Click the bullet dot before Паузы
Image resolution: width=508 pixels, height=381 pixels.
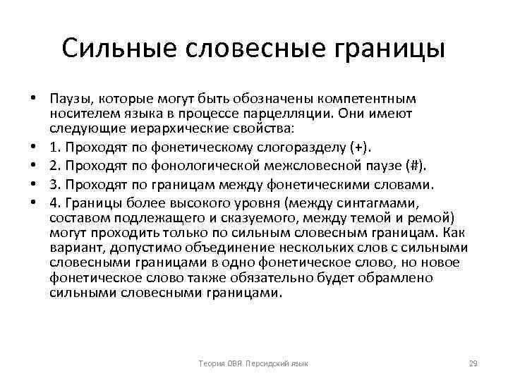click(34, 98)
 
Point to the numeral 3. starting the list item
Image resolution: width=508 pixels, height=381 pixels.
click(54, 185)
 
